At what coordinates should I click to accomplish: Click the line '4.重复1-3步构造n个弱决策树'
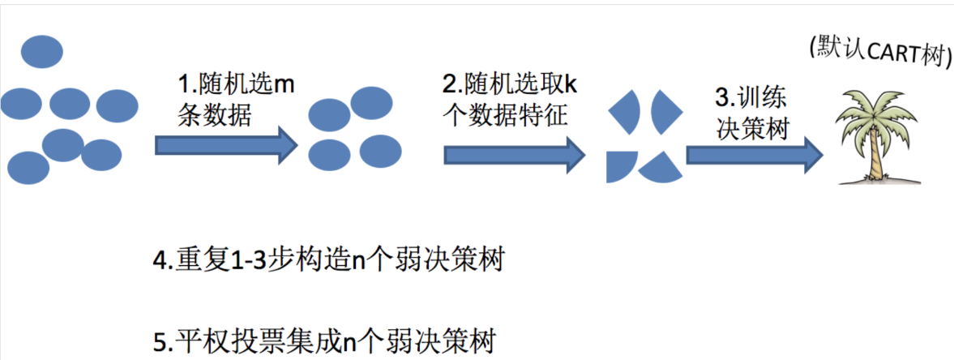pyautogui.click(x=329, y=263)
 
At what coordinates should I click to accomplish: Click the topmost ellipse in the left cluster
pyautogui.click(x=41, y=50)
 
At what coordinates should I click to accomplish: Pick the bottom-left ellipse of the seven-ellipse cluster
pyautogui.click(x=28, y=167)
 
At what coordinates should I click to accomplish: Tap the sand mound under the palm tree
pyautogui.click(x=877, y=178)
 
